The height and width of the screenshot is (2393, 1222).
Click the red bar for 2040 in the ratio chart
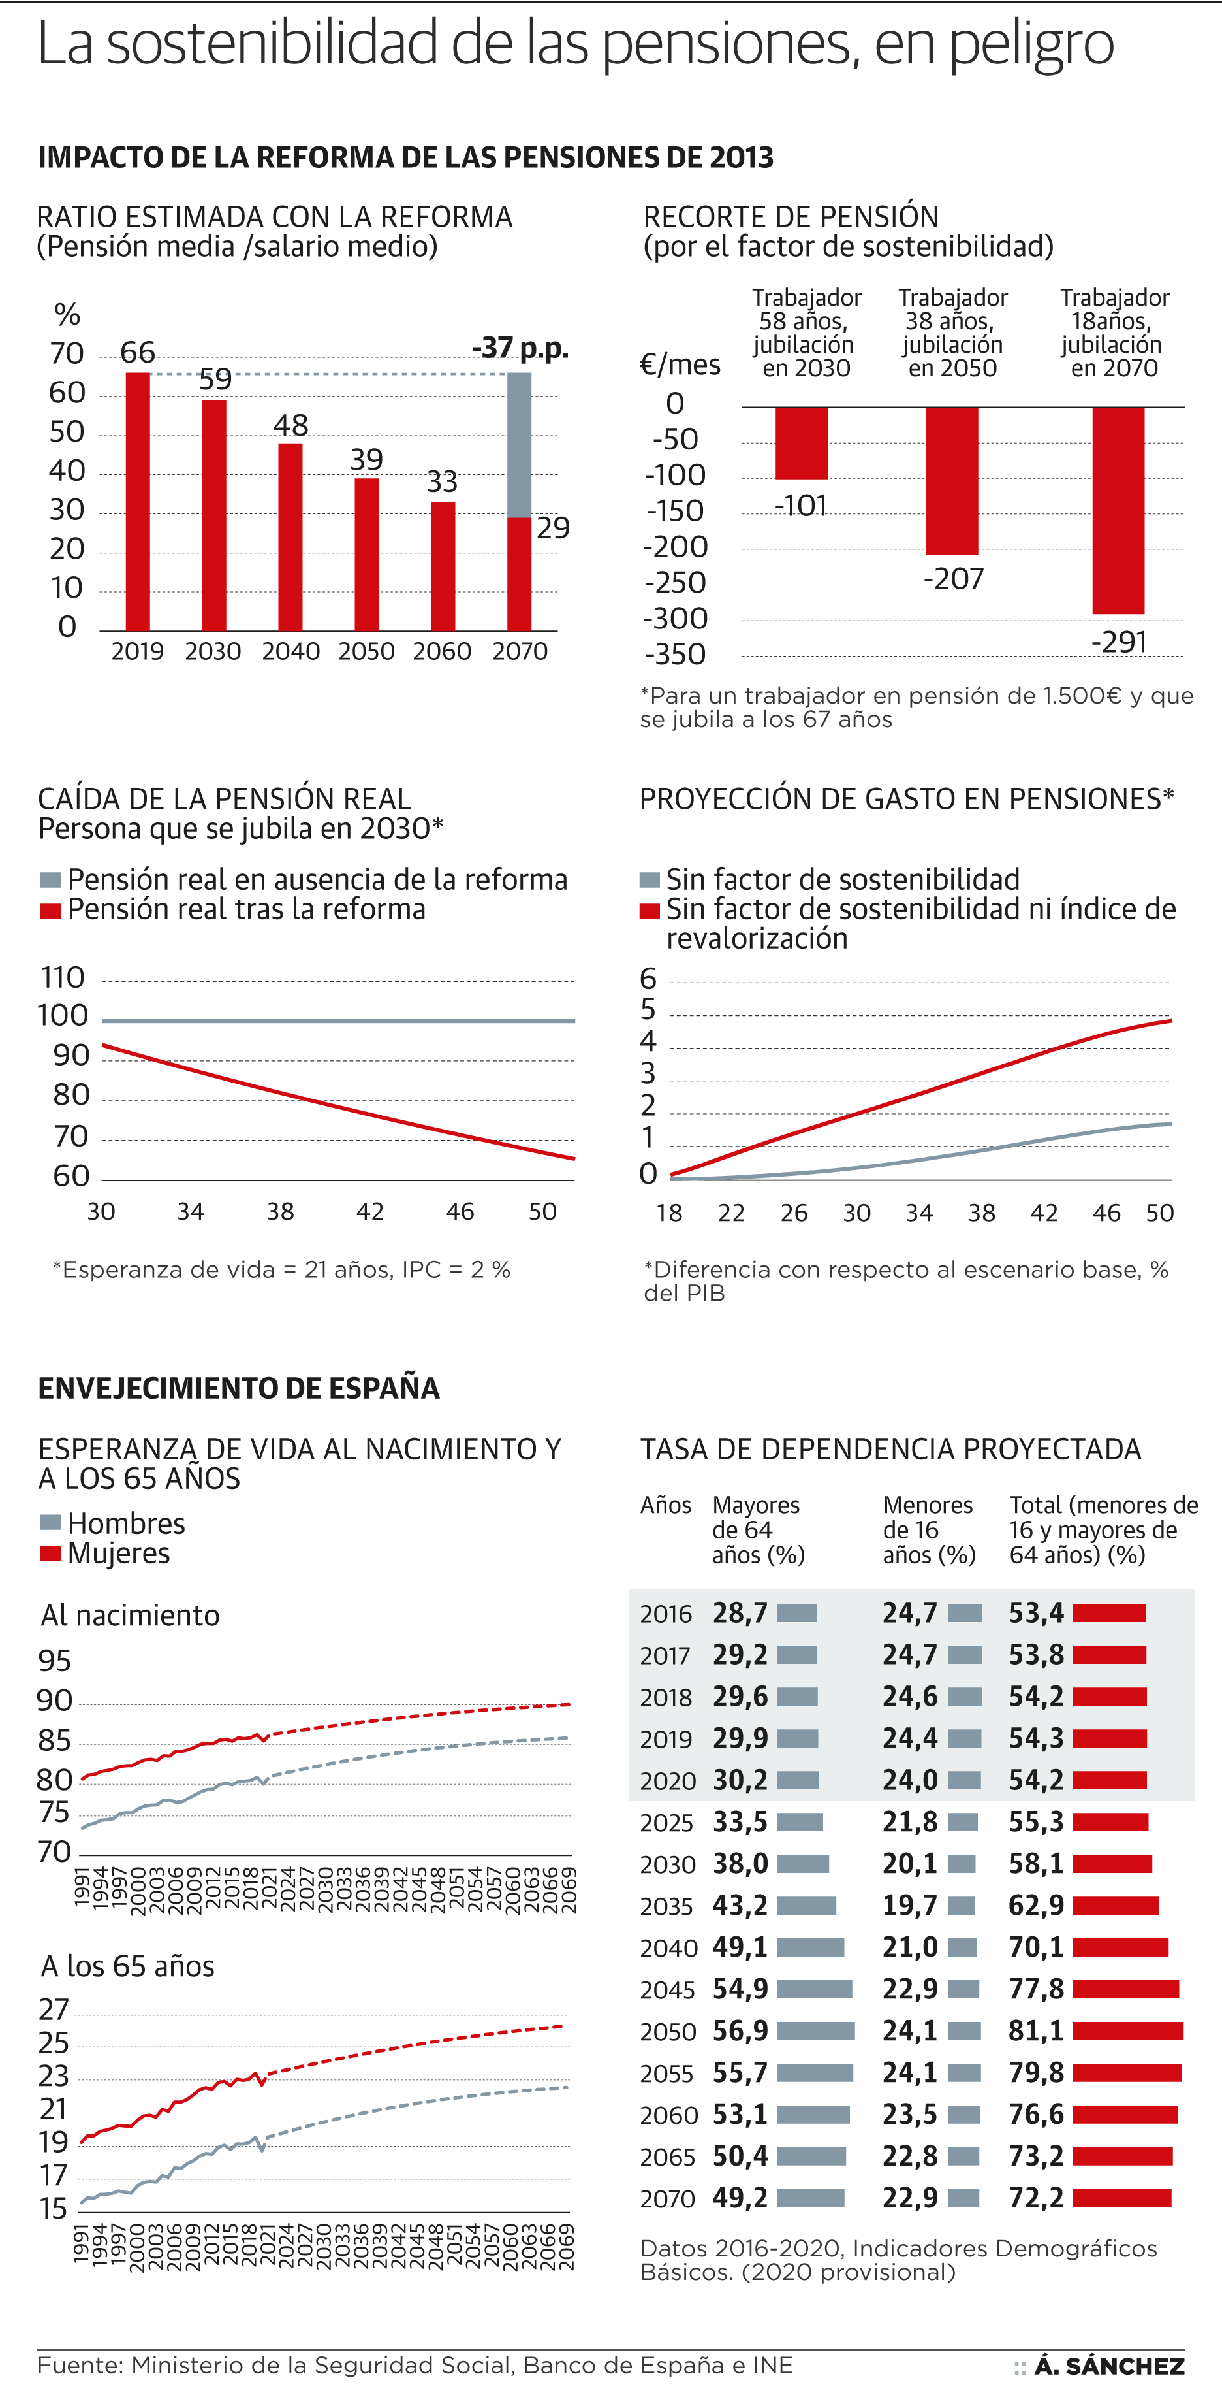pyautogui.click(x=290, y=537)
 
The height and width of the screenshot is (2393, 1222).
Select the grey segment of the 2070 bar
pyautogui.click(x=519, y=444)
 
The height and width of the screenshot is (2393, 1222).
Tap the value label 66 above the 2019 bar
pyautogui.click(x=138, y=353)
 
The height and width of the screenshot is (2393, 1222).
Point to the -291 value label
pyautogui.click(x=1118, y=642)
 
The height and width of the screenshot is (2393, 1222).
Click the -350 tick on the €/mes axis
pyautogui.click(x=674, y=655)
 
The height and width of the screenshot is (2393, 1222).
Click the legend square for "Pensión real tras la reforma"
pyautogui.click(x=50, y=911)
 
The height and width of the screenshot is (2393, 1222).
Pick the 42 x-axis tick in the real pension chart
pyautogui.click(x=369, y=1211)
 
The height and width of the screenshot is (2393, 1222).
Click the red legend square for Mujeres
pyautogui.click(x=50, y=1554)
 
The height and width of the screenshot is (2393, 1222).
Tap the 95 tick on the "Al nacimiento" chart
pyautogui.click(x=55, y=1660)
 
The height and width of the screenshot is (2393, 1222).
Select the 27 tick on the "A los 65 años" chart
pyautogui.click(x=54, y=2010)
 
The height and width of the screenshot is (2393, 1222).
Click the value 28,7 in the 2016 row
pyautogui.click(x=740, y=1613)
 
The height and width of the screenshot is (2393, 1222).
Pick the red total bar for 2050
pyautogui.click(x=1127, y=2030)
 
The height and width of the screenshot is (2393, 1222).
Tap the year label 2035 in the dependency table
pyautogui.click(x=666, y=1906)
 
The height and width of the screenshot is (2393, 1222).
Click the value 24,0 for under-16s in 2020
pyautogui.click(x=910, y=1780)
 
